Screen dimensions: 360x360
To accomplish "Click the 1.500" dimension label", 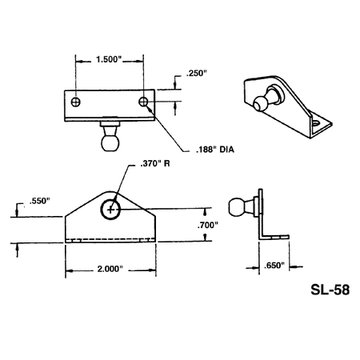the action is click(x=109, y=59).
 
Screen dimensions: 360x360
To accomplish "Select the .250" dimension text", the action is click(x=197, y=74).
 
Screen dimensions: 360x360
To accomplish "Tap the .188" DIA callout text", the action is click(x=215, y=150).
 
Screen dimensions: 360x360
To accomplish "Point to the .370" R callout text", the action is click(x=155, y=163).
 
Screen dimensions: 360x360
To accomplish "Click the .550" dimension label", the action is click(x=40, y=201).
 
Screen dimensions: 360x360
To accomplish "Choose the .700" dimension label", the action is click(x=208, y=226).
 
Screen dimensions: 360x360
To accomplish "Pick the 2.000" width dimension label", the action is click(x=110, y=269).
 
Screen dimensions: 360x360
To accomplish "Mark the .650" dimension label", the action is click(x=274, y=266).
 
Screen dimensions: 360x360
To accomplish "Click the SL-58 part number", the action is click(x=330, y=290).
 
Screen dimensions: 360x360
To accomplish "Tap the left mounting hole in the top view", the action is click(x=76, y=102).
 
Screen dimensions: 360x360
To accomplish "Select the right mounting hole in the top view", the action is click(x=143, y=102).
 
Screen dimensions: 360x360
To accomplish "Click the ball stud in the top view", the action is click(x=110, y=137).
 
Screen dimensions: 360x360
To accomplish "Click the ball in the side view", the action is click(x=236, y=207).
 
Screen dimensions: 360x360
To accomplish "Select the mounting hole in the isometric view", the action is click(x=316, y=123).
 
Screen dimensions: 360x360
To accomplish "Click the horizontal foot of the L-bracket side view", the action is click(x=274, y=237).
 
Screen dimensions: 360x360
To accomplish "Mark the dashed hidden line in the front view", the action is click(x=110, y=238).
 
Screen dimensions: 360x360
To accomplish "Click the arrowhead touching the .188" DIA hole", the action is click(x=150, y=108).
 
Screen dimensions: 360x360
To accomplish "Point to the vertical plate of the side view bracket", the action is click(x=261, y=212).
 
